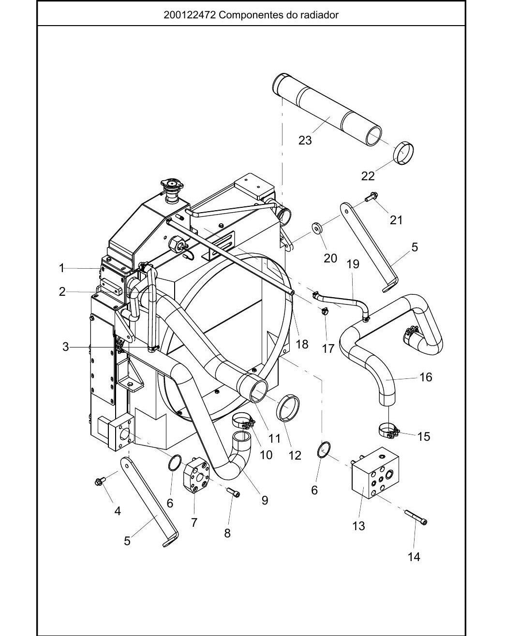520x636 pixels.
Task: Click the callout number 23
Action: click(x=305, y=140)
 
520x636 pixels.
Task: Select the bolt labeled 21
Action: click(x=372, y=197)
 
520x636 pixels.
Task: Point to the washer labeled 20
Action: click(x=317, y=228)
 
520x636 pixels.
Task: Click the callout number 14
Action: click(x=414, y=557)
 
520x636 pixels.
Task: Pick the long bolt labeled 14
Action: click(x=416, y=518)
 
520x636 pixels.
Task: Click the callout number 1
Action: click(x=62, y=268)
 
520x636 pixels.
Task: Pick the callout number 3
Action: click(x=65, y=347)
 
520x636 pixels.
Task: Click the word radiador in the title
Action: click(x=319, y=15)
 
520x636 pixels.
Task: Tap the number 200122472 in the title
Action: click(x=190, y=15)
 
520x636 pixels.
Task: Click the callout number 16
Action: click(x=426, y=377)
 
